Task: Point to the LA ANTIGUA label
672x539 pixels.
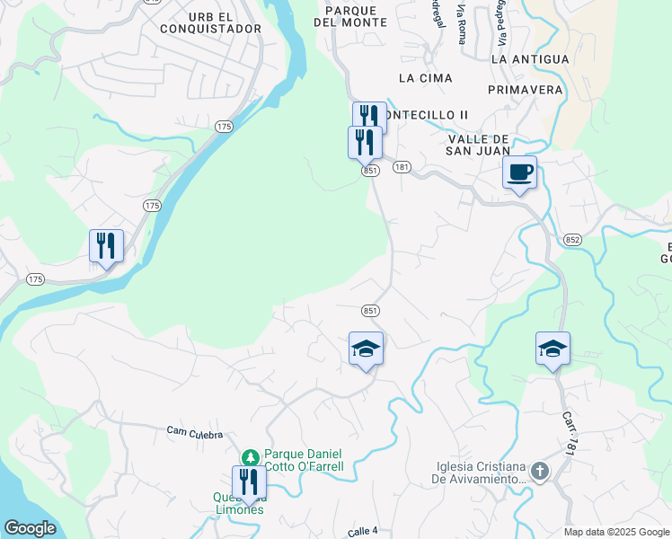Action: [x=531, y=58]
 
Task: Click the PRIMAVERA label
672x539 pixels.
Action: [x=526, y=90]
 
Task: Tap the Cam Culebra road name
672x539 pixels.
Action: [x=194, y=432]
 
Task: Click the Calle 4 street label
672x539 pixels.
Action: [x=363, y=532]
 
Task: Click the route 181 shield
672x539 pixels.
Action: [x=402, y=167]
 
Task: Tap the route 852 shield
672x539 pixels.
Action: [x=573, y=239]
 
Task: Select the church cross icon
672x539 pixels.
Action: [x=538, y=472]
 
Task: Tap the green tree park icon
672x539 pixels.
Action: [x=253, y=455]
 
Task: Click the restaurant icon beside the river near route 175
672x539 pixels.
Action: [x=106, y=245]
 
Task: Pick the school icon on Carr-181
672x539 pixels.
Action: [x=553, y=349]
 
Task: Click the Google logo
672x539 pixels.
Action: [x=31, y=528]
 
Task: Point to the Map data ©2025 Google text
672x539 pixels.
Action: [x=615, y=532]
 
